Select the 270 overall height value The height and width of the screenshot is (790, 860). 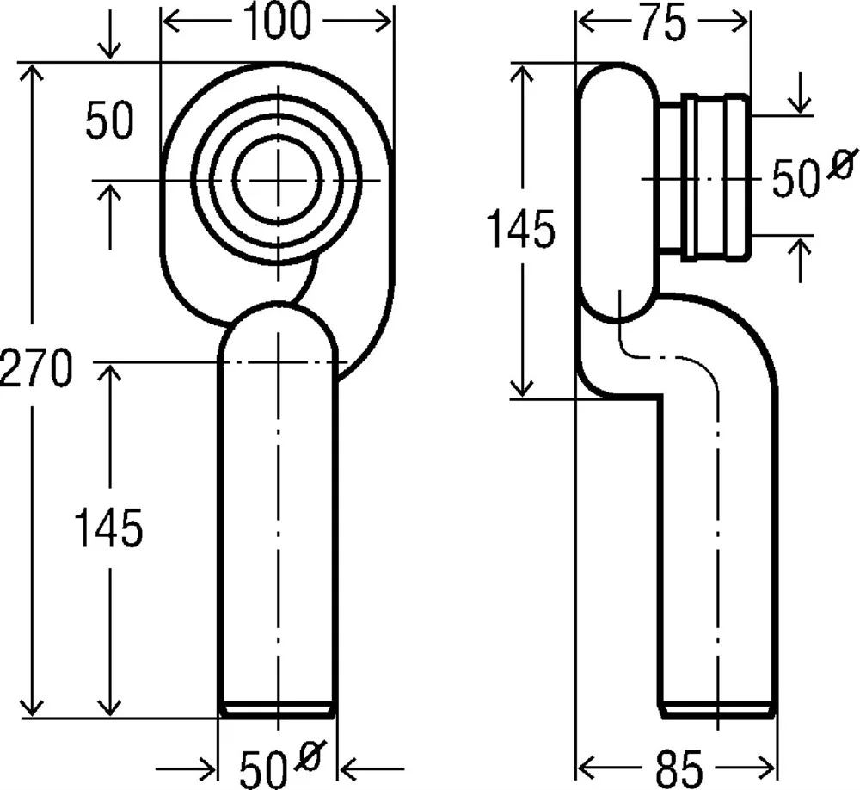coord(35,367)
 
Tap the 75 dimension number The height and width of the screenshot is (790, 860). coord(663,22)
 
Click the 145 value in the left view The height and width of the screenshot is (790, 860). coord(108,528)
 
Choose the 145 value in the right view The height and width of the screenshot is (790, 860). coord(521,228)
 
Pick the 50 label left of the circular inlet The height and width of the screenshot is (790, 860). coord(110,119)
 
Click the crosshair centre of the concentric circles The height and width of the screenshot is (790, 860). coord(279,180)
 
